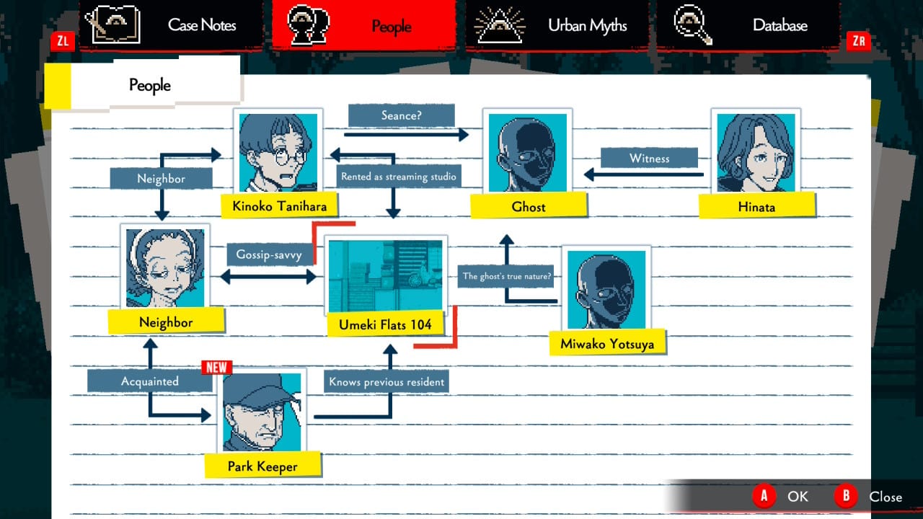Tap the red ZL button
coord(63,41)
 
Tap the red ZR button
coord(858,41)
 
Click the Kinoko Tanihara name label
coord(279,207)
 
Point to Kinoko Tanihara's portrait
coord(278,152)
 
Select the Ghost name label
coord(529,207)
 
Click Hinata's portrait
coord(756,152)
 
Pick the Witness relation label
coord(649,159)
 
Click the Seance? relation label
coord(401,115)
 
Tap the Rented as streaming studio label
coord(398,177)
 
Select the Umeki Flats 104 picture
coord(385,276)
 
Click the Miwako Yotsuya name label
coord(607,344)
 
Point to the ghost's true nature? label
coord(507,276)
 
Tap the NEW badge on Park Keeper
coord(216,367)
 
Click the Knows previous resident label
coord(387,382)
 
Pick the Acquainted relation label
coord(149,381)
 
